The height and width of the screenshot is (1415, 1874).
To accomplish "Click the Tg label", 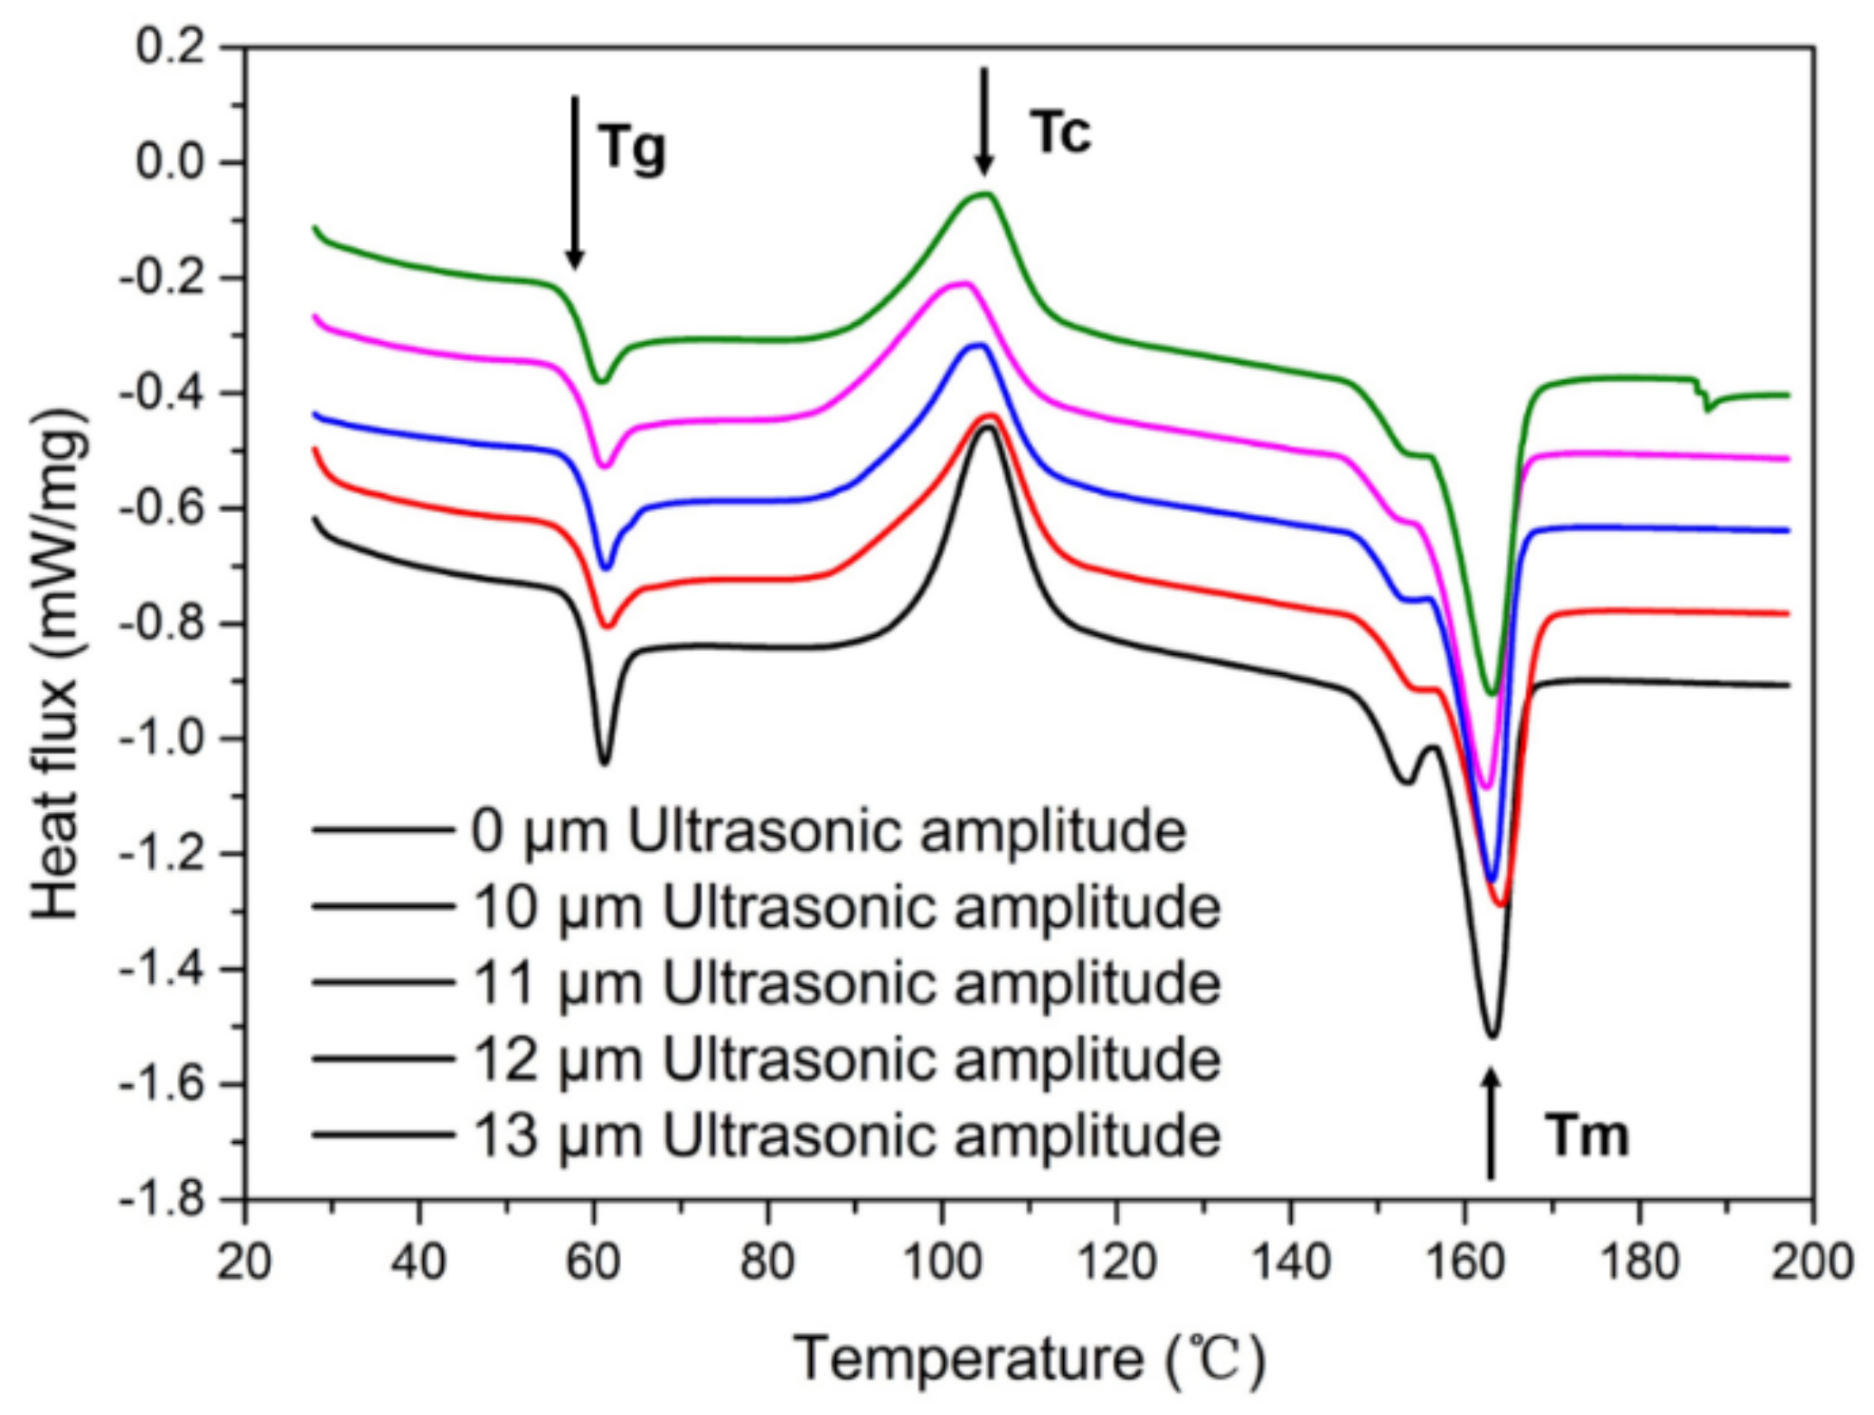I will (633, 148).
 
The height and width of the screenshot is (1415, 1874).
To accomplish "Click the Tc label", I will (1060, 134).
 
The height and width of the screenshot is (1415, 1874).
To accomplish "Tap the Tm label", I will (1586, 1136).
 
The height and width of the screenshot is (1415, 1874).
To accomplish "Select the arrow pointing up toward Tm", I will (1491, 1123).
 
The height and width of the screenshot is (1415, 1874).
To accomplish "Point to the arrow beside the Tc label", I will (983, 121).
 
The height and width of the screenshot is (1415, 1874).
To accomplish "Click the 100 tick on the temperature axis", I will (942, 1263).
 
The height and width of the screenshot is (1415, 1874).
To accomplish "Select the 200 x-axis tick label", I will (1811, 1263).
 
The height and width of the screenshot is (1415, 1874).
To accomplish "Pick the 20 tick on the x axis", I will (244, 1263).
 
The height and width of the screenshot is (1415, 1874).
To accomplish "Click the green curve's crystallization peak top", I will (984, 194).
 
